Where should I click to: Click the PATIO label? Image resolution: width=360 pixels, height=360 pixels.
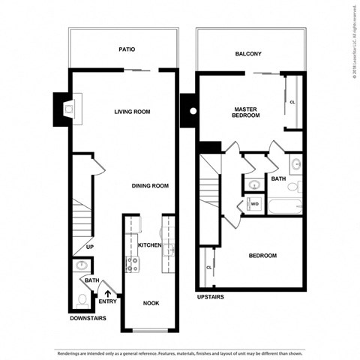click(x=127, y=49)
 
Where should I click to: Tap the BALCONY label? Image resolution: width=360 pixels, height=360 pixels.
click(x=247, y=54)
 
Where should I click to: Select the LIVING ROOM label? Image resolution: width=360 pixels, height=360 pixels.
click(x=133, y=112)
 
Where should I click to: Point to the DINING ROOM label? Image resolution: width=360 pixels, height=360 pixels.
click(x=149, y=186)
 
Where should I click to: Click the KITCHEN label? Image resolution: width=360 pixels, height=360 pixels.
click(x=149, y=245)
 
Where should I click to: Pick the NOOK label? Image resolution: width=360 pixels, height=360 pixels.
click(x=150, y=303)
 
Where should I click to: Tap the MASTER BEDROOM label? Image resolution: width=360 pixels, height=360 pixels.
click(x=245, y=112)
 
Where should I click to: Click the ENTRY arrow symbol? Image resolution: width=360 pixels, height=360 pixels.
click(x=109, y=294)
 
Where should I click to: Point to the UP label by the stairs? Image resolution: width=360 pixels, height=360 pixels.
click(x=89, y=246)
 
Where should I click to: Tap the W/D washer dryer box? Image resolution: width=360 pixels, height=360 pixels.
click(x=254, y=203)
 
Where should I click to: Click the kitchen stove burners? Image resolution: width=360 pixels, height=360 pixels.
click(x=133, y=263)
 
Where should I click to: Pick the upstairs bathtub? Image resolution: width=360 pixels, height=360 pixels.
click(x=283, y=205)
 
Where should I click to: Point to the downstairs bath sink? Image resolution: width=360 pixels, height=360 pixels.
click(x=81, y=265)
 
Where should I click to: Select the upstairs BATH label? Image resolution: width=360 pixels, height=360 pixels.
click(x=278, y=178)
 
